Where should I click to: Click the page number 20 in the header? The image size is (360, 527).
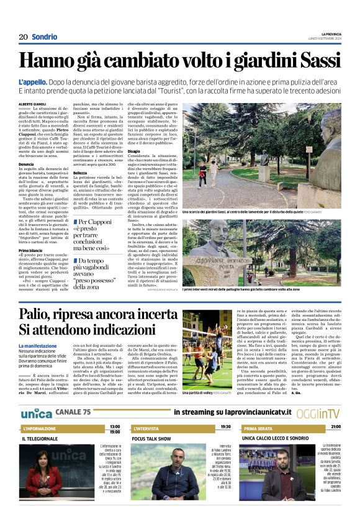click(23, 37)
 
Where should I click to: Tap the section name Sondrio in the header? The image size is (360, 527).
click(44, 37)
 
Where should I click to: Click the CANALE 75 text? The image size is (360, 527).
click(73, 413)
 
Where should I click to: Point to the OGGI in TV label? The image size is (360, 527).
click(318, 413)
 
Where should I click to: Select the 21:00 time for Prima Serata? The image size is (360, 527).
click(336, 428)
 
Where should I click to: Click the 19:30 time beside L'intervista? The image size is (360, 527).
click(225, 427)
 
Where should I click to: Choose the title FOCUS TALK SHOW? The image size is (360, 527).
click(151, 439)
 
